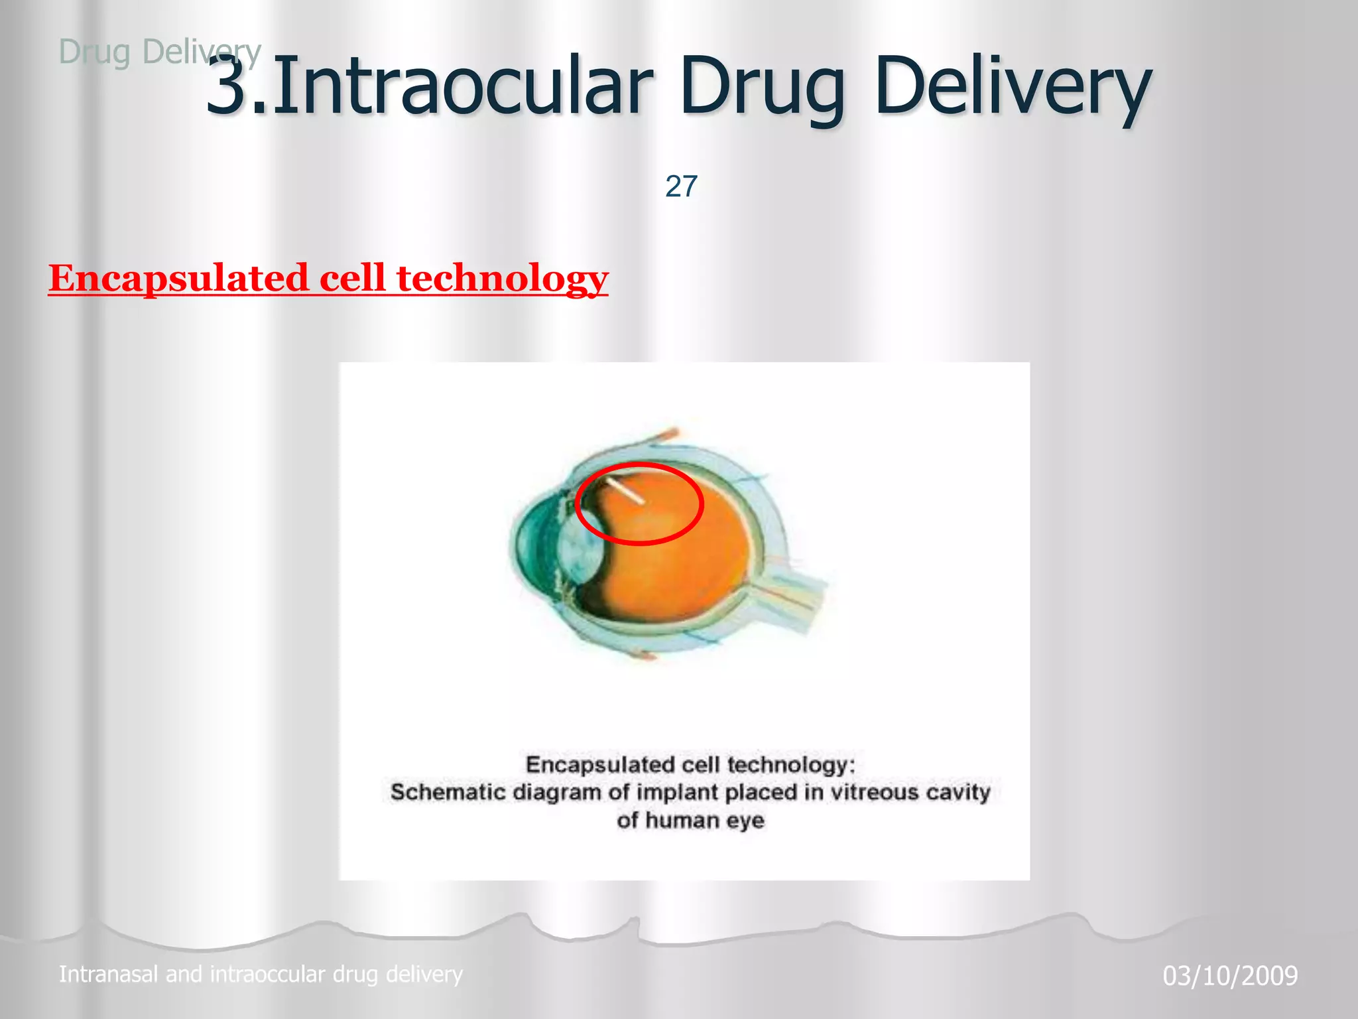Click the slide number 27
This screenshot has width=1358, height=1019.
click(x=681, y=186)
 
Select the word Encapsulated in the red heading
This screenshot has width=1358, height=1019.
click(x=178, y=278)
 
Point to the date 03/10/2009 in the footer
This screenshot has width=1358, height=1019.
click(x=1230, y=976)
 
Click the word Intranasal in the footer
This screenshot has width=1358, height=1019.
click(x=109, y=974)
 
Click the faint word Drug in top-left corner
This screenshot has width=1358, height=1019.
click(x=94, y=52)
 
